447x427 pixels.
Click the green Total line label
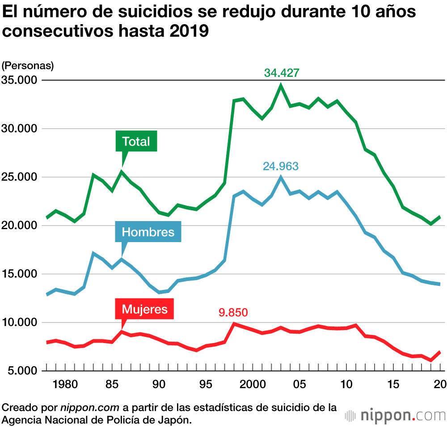click(136, 142)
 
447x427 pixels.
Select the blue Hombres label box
click(148, 232)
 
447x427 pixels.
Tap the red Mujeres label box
click(144, 309)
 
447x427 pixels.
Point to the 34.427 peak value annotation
click(281, 73)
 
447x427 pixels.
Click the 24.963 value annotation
click(281, 166)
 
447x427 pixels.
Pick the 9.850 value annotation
click(233, 312)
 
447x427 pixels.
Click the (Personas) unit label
click(28, 66)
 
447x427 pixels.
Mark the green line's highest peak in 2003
click(281, 85)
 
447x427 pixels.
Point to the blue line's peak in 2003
click(281, 177)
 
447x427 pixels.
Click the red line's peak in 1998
click(234, 323)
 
